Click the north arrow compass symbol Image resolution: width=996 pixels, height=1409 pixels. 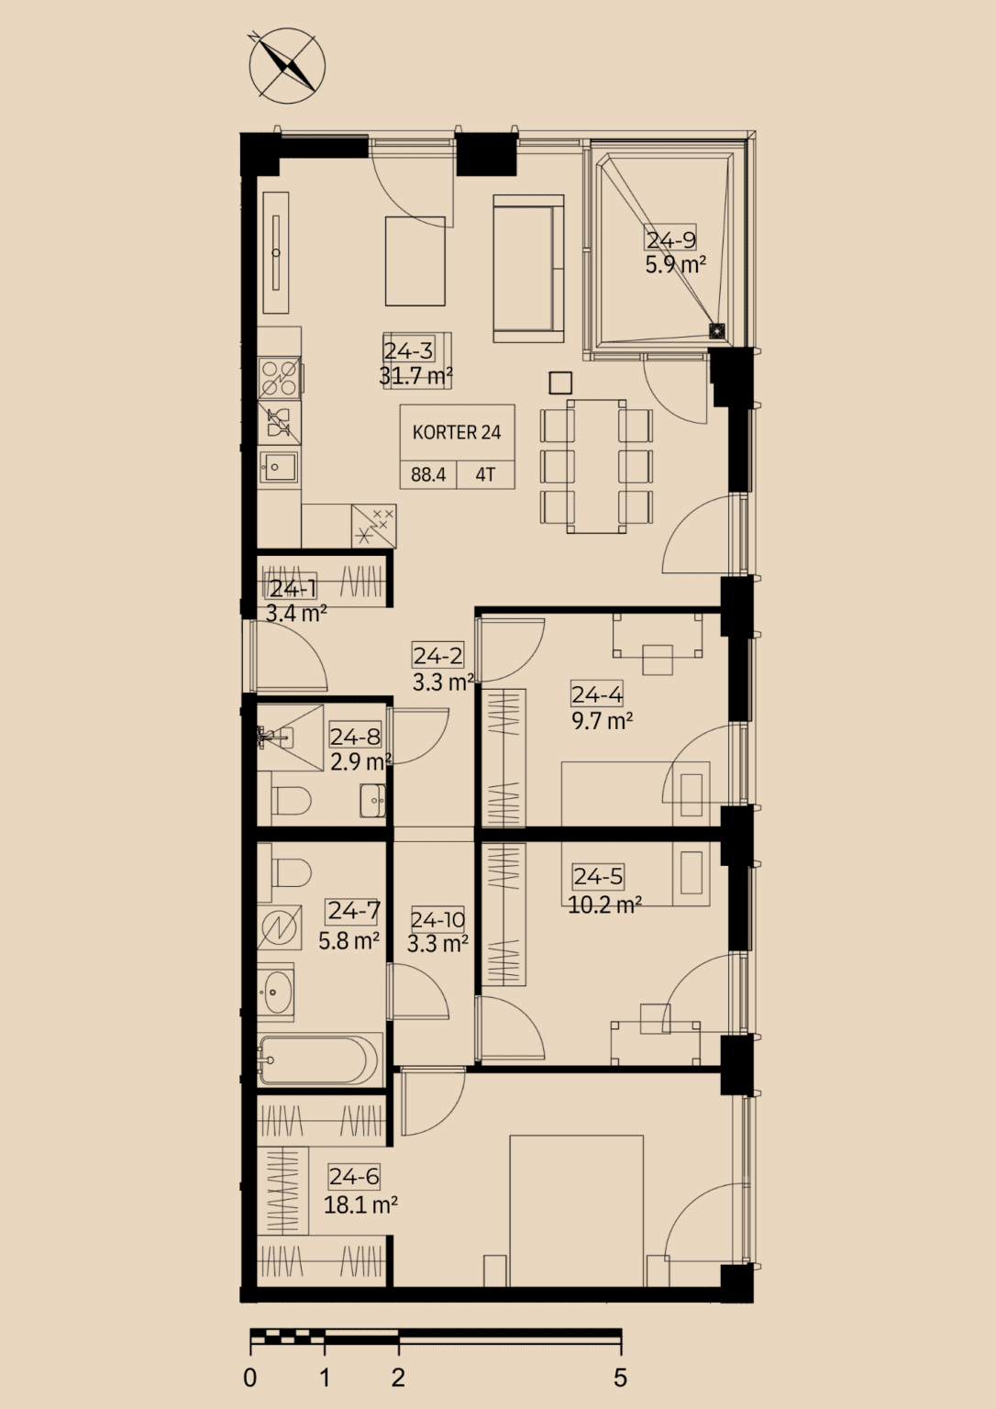(x=287, y=66)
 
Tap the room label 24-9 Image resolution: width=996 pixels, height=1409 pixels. (x=671, y=239)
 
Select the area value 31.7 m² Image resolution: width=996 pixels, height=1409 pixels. (x=415, y=376)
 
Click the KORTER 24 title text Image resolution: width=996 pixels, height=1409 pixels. (x=457, y=432)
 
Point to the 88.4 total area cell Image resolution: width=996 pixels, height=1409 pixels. (x=428, y=474)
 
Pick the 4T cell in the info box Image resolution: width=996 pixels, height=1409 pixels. (x=485, y=474)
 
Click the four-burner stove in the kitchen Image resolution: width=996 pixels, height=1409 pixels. (x=280, y=378)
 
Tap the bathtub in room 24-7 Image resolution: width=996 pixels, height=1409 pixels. (x=320, y=1060)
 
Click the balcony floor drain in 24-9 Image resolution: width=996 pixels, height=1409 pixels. (x=717, y=330)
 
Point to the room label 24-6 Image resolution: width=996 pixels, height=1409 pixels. (x=355, y=1176)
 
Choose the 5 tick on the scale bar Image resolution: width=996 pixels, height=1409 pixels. (x=621, y=1345)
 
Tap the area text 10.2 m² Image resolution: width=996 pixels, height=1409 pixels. (x=604, y=905)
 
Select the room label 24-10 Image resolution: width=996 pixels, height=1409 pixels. (x=437, y=920)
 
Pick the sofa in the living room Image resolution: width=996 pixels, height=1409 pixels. (x=528, y=269)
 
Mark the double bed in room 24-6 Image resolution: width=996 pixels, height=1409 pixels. (x=577, y=1210)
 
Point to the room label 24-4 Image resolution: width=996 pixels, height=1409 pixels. (x=597, y=693)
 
